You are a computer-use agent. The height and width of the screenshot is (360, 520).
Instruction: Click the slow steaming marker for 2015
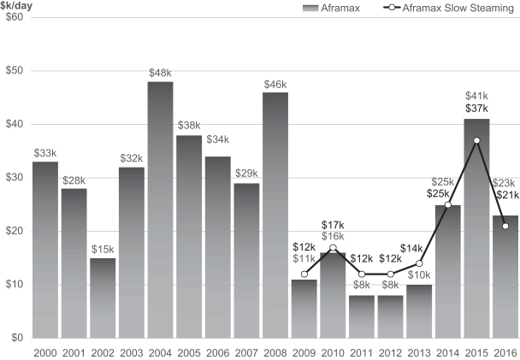coord(476,140)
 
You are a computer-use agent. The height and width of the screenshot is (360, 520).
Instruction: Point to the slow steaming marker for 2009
coord(304,274)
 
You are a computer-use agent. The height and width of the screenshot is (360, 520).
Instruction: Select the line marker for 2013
coord(419,263)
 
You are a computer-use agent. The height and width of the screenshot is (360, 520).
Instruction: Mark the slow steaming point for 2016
coord(505,226)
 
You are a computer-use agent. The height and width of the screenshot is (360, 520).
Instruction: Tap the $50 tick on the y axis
coord(14,70)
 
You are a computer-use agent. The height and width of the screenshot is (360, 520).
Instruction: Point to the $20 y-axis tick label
coord(14,231)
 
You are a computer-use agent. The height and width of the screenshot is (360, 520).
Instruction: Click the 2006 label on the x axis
coord(218,351)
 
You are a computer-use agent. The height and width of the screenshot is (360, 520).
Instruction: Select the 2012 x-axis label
coord(390,351)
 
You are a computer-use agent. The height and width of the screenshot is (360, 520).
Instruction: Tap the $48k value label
coord(160,73)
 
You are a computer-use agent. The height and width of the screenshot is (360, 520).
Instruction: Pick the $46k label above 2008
coord(275,84)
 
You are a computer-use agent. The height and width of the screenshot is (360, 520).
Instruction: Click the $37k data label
coord(476,109)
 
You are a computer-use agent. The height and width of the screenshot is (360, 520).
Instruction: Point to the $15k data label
coord(103,249)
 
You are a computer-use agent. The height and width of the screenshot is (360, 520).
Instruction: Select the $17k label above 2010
coord(333,225)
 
